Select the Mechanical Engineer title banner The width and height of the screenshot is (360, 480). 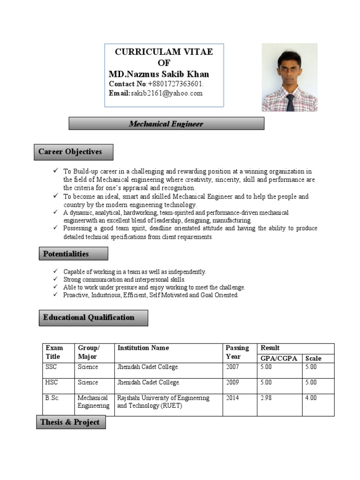tap(166, 124)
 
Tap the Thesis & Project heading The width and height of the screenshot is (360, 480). tap(70, 422)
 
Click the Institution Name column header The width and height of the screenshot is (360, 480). tap(143, 348)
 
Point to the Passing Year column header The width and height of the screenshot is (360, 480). tap(237, 352)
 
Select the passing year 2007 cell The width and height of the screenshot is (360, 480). tap(232, 367)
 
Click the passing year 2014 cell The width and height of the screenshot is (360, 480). tap(232, 398)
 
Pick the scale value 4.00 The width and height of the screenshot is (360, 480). tap(311, 398)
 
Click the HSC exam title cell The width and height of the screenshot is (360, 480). tap(52, 382)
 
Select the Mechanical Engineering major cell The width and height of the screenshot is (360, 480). tap(93, 402)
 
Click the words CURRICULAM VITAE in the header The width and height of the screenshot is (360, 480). tap(164, 52)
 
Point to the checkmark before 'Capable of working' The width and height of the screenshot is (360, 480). tap(55, 271)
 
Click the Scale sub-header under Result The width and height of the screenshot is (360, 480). tap(313, 359)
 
